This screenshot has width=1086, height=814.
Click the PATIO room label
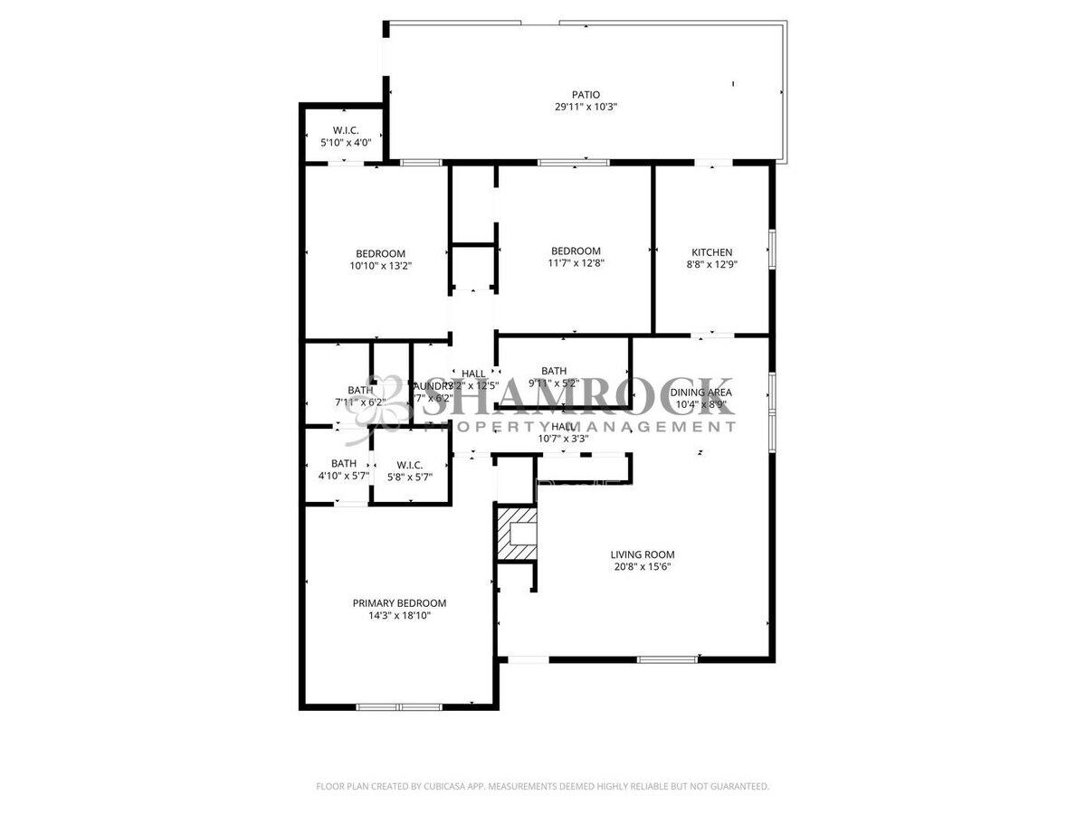(586, 94)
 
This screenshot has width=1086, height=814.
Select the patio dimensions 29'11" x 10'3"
(586, 107)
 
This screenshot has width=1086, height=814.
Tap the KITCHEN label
(712, 252)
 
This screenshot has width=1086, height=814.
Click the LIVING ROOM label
(642, 555)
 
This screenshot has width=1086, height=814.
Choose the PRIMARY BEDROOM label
(399, 603)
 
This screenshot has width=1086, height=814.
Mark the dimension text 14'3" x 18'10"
(399, 617)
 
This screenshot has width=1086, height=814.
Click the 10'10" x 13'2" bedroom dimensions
(380, 266)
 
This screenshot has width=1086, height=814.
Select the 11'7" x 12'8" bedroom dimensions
(576, 264)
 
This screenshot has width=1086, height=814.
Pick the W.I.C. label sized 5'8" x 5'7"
(409, 465)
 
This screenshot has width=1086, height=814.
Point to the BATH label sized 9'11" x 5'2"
(554, 371)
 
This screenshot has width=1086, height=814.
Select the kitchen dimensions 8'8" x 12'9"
(712, 265)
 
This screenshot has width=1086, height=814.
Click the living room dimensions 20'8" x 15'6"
(642, 568)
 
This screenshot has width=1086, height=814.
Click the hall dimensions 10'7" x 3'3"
(563, 439)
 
